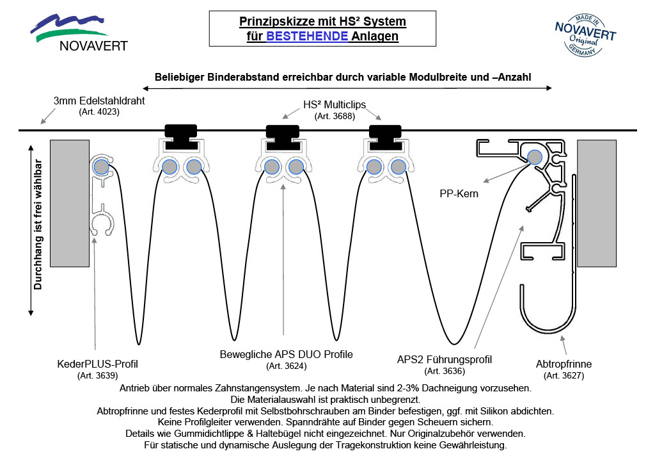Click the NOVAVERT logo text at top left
pos(93,45)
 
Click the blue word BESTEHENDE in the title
pos(307,37)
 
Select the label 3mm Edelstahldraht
pos(99,101)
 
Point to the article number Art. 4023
pos(99,112)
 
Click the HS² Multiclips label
pos(335,104)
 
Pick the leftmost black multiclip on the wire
pos(181,131)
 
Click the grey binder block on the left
pos(69,203)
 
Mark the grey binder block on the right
pos(596,203)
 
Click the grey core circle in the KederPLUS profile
pos(100,167)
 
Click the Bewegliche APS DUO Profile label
pos(286,354)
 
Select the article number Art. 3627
pos(564,375)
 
